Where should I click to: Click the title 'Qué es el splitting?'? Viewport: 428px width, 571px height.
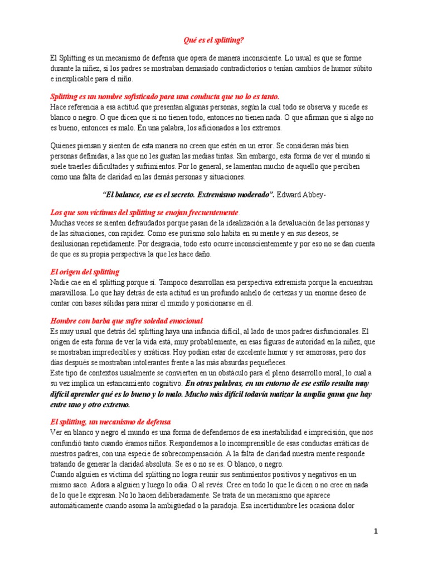(213, 40)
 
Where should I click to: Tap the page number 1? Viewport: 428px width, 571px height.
(376, 531)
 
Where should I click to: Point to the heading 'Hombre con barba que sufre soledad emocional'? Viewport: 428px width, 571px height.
(126, 321)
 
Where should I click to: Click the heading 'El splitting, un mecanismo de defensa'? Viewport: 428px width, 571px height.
(110, 422)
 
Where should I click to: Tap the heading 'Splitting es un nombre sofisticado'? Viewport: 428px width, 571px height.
(164, 96)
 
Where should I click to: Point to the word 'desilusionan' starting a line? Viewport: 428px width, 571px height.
(71, 244)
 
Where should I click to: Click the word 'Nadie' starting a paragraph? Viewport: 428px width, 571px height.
(60, 282)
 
